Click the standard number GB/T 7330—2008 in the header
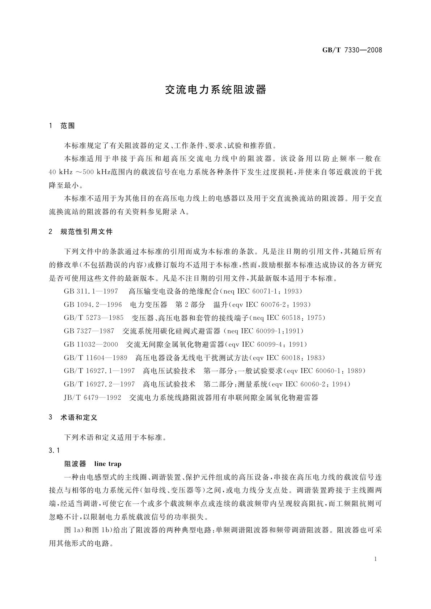click(352, 50)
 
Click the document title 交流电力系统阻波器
click(215, 90)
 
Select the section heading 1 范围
click(62, 126)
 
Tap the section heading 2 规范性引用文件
click(81, 231)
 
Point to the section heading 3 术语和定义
click(73, 418)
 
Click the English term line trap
click(107, 464)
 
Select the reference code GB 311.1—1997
click(91, 291)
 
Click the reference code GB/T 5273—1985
click(94, 318)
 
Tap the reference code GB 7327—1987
click(89, 331)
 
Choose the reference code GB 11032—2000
click(91, 344)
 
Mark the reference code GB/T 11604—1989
click(96, 358)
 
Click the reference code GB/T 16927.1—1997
click(100, 371)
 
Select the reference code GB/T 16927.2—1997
click(100, 384)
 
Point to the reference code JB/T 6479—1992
click(92, 397)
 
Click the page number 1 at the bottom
click(376, 559)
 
